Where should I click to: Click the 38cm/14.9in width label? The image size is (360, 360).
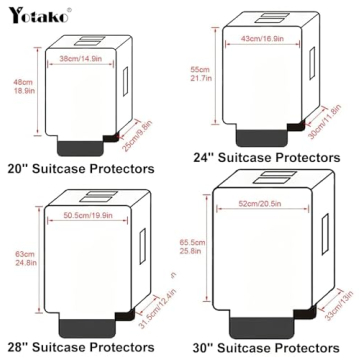(80, 60)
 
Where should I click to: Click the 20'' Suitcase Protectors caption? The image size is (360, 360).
(80, 170)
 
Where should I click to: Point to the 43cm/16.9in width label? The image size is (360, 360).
(264, 39)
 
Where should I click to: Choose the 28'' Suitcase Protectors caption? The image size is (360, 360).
(80, 349)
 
